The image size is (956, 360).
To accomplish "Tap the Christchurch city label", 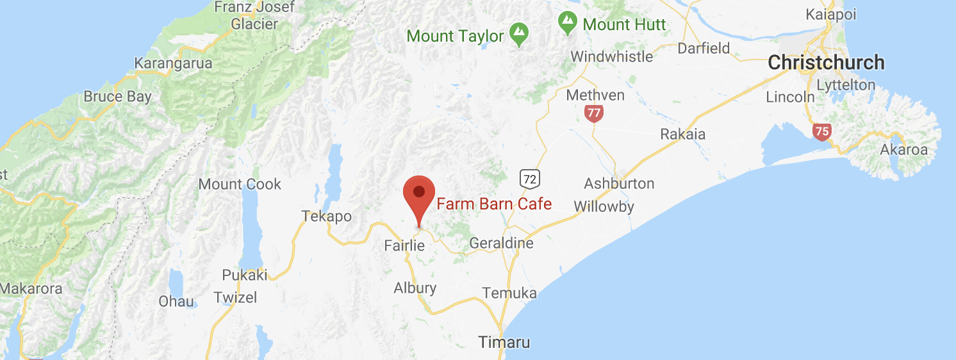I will pos(826,63).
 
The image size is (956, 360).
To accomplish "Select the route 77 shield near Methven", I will pos(594,114).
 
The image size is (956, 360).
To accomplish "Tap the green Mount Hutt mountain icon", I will pos(567,23).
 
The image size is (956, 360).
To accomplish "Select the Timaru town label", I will pos(504,342).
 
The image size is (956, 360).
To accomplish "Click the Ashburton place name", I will pos(619,184).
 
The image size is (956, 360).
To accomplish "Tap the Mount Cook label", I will pos(240,184).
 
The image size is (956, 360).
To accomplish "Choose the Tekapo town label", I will pos(327,217).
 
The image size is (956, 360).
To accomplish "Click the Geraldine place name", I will pos(501,243).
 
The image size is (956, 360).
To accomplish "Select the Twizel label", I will pos(235,297).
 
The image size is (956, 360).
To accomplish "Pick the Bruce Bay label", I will pos(118,97).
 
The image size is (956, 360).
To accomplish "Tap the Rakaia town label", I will pos(682,135).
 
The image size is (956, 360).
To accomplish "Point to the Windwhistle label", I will pos(611,56).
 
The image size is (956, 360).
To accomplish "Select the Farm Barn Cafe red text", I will pos(493,204).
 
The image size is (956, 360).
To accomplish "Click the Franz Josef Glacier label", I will pos(254,16).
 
